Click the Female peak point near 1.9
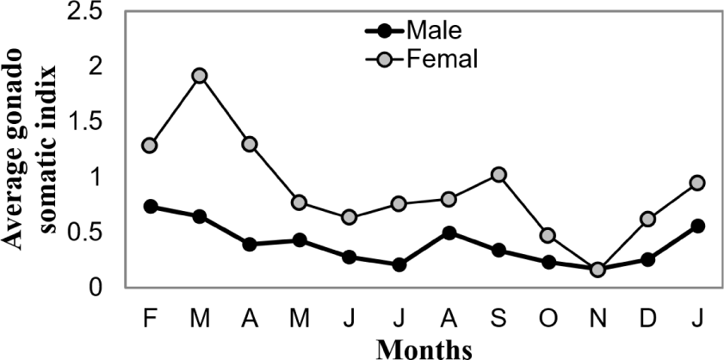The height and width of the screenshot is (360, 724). (x=200, y=76)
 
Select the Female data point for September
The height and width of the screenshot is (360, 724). (x=498, y=175)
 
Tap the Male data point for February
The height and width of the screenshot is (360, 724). (x=150, y=207)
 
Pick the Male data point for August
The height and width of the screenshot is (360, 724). (x=449, y=233)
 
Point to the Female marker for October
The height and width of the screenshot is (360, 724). (x=548, y=235)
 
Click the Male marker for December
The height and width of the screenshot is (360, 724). (x=647, y=259)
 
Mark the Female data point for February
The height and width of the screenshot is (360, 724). (x=150, y=146)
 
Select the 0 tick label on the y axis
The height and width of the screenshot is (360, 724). (x=103, y=288)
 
